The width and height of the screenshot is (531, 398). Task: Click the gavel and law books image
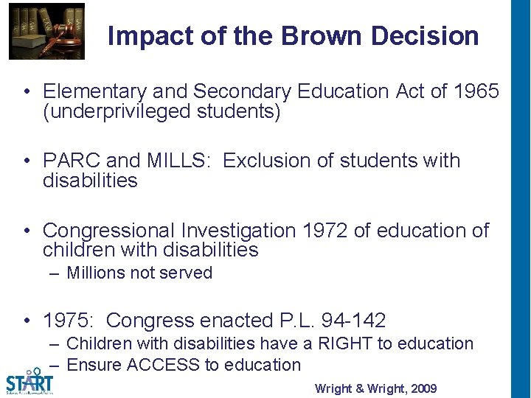click(46, 31)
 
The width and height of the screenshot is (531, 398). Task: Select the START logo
click(29, 381)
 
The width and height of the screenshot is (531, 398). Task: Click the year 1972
click(325, 231)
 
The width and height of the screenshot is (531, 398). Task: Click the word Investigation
click(235, 231)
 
